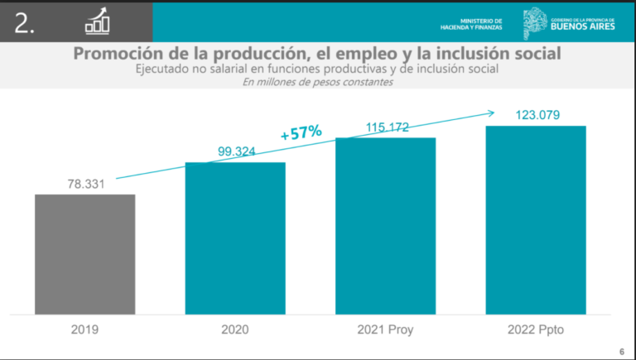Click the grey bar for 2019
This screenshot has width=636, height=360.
84,254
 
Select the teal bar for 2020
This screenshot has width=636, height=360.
234,238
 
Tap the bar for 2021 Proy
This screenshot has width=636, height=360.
385,226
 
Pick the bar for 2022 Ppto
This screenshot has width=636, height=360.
536,220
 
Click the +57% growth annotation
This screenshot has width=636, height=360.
301,132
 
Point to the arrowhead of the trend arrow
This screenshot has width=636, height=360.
493,113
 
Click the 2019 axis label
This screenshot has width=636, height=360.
84,329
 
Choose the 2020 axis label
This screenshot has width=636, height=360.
235,329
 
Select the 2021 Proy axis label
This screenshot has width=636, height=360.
385,329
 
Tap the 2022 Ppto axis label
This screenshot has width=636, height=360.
536,329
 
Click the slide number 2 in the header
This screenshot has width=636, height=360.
25,24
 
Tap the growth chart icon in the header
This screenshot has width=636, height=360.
98,22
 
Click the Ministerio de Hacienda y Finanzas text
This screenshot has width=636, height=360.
480,23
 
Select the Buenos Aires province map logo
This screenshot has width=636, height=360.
534,22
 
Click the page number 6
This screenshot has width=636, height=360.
621,350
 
